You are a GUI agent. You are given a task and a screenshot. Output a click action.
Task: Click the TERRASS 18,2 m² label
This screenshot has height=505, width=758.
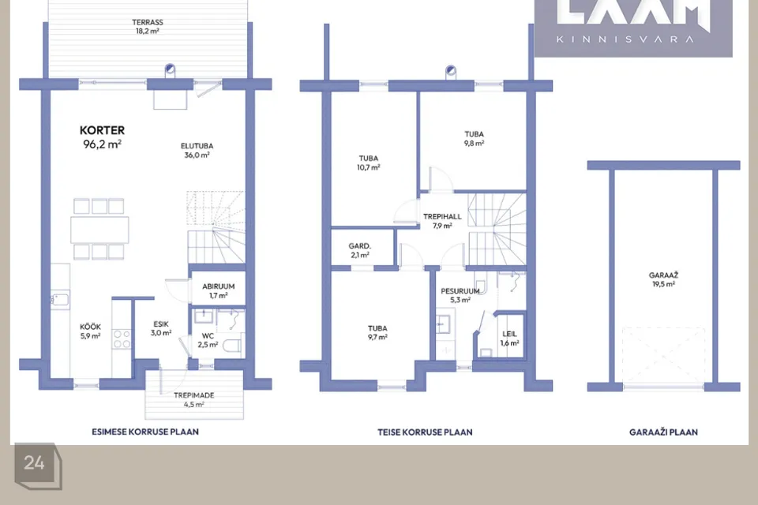148,27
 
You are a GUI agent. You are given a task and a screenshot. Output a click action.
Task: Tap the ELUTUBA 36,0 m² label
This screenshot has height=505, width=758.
197,150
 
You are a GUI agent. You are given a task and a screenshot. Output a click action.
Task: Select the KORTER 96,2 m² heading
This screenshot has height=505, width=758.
102,137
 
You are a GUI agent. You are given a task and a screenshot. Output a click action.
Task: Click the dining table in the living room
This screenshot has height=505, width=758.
99,230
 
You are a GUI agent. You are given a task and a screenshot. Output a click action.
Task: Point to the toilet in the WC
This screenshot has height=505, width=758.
232,346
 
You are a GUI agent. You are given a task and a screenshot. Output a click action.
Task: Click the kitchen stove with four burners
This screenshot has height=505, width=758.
122,339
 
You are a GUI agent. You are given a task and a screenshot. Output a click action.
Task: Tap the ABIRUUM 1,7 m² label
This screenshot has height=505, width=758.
219,291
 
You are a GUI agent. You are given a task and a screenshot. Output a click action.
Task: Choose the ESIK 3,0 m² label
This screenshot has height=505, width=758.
161,328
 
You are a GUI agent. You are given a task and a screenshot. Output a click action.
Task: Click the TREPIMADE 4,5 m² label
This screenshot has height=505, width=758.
194,399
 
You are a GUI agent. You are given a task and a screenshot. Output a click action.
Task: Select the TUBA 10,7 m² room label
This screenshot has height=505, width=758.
369,163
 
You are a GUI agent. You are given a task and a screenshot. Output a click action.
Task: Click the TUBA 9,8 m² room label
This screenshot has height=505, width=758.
475,139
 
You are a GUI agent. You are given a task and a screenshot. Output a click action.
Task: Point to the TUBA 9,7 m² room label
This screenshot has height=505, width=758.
377,332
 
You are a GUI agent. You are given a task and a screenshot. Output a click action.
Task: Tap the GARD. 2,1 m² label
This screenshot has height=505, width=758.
360,250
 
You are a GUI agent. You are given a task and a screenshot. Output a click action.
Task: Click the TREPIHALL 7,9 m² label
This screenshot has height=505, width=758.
442,221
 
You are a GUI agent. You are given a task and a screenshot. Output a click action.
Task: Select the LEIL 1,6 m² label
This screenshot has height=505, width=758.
509,339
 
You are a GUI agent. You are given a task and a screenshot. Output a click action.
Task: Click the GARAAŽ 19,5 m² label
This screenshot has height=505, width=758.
664,279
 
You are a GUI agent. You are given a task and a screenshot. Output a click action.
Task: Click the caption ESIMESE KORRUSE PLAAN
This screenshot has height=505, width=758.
145,432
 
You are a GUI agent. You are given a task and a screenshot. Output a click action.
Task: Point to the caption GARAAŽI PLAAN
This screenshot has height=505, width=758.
663,432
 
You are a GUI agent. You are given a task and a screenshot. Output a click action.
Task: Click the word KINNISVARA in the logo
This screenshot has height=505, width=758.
625,39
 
